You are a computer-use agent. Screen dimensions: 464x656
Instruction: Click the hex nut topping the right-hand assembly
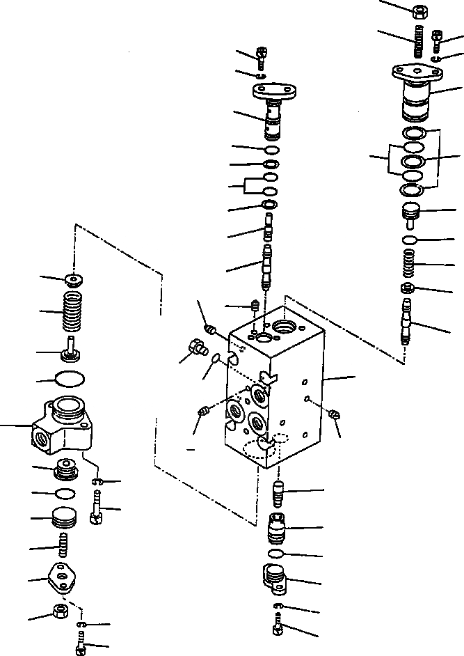pyautogui.click(x=420, y=11)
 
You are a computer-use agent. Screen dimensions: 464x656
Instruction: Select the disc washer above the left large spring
pyautogui.click(x=73, y=280)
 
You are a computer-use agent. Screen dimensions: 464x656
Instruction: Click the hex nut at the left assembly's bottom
pyautogui.click(x=60, y=613)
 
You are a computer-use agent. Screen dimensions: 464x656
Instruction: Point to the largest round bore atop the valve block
pyautogui.click(x=285, y=325)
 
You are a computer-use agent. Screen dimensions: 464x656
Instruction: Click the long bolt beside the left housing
pyautogui.click(x=96, y=508)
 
